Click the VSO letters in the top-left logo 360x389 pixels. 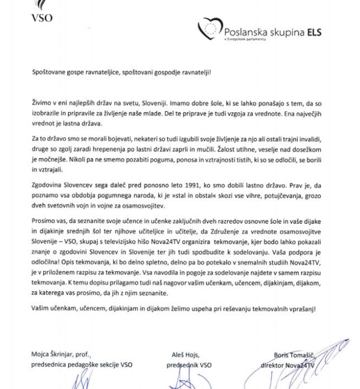point(42,17)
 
